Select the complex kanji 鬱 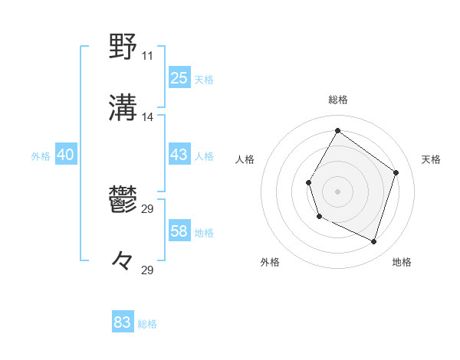(x=123, y=200)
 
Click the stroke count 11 (x=147, y=56)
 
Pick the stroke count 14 (x=147, y=117)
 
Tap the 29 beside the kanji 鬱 (x=147, y=209)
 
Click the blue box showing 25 (x=179, y=78)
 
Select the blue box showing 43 (x=179, y=155)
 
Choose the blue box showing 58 (x=179, y=231)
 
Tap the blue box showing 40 (x=65, y=155)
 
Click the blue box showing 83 (x=123, y=322)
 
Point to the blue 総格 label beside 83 (x=147, y=324)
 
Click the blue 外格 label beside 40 (x=41, y=156)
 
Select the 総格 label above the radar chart (x=338, y=100)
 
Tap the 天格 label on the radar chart (x=431, y=159)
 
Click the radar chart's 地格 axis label (x=402, y=262)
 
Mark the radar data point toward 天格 (x=396, y=172)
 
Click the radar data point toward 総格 (x=338, y=131)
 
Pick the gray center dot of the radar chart (x=338, y=191)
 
